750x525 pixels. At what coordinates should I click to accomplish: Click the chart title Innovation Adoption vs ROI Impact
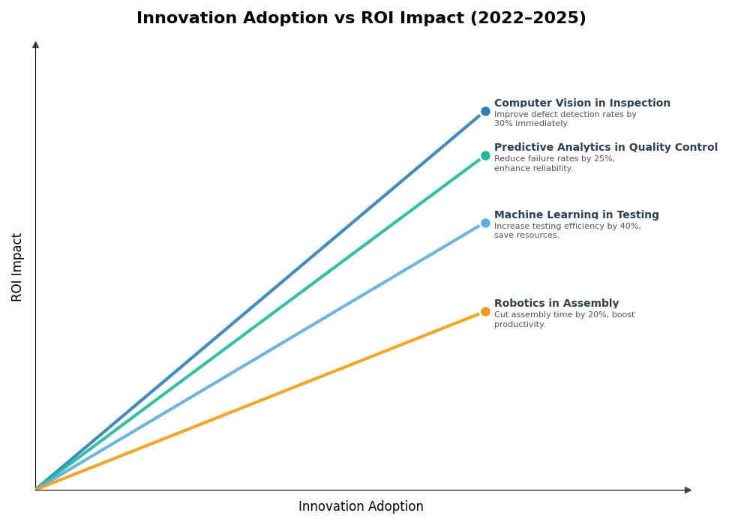click(x=361, y=18)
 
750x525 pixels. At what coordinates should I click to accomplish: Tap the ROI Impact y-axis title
click(x=17, y=267)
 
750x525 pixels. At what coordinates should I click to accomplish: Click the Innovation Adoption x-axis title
click(x=361, y=507)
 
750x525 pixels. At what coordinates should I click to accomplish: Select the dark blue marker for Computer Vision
click(x=485, y=112)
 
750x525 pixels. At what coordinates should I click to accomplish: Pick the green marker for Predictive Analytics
click(x=485, y=156)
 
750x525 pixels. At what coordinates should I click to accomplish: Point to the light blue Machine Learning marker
click(x=485, y=223)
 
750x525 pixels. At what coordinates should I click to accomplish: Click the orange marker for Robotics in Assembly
click(x=485, y=312)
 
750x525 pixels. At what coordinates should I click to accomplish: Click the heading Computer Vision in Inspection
click(x=582, y=103)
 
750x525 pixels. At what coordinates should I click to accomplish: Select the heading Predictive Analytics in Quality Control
click(x=605, y=148)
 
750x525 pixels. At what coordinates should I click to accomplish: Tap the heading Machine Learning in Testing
click(x=576, y=215)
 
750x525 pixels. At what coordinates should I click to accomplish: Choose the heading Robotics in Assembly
click(x=556, y=304)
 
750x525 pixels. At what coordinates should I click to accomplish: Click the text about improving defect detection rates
click(x=565, y=119)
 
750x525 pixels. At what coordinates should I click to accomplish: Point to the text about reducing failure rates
click(x=554, y=163)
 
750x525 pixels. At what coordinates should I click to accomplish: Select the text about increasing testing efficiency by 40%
click(x=567, y=231)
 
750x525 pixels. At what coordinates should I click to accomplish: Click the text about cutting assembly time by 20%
click(x=564, y=319)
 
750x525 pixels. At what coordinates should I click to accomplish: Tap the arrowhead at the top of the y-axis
click(x=35, y=45)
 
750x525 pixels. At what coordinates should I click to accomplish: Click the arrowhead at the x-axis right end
click(x=688, y=490)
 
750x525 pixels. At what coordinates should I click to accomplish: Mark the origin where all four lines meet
click(x=36, y=489)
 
